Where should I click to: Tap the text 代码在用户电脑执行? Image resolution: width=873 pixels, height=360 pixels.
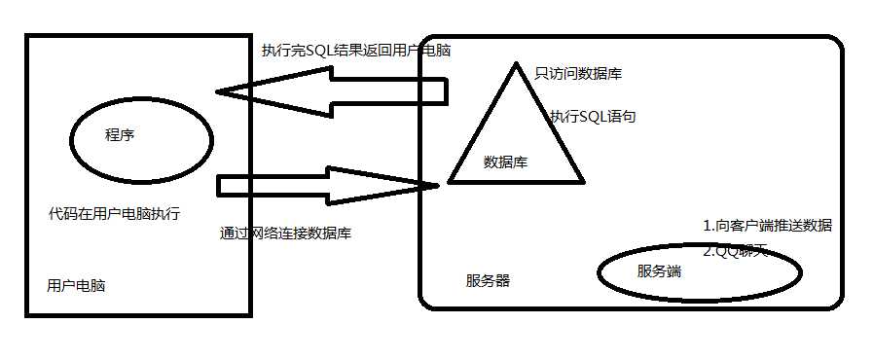(x=114, y=213)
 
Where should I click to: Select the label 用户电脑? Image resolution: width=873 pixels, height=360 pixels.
(x=76, y=286)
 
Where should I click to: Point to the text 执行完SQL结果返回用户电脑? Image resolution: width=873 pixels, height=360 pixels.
(x=355, y=51)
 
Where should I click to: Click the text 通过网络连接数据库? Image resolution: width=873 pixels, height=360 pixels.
(x=285, y=234)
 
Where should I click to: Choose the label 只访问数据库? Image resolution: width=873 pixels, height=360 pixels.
(x=579, y=73)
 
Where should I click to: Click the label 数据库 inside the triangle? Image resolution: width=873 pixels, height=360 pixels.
(x=505, y=162)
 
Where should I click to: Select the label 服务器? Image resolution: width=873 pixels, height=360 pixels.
(x=488, y=281)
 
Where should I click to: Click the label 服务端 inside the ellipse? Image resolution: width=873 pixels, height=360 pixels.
(x=659, y=271)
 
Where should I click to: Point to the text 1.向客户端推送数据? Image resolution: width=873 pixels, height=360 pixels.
(x=767, y=226)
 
